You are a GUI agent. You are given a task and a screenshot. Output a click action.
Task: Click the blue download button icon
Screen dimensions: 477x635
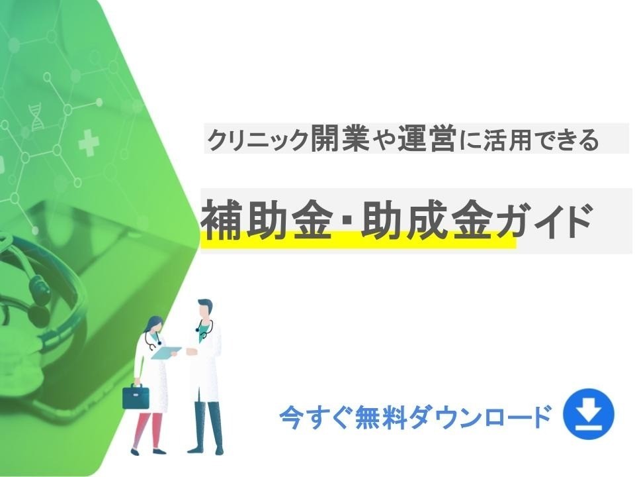coord(588,416)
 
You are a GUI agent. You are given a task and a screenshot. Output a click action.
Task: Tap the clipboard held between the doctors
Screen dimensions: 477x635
coord(166,352)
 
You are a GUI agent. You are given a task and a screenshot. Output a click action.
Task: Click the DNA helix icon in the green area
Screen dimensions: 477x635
coord(36,115)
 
